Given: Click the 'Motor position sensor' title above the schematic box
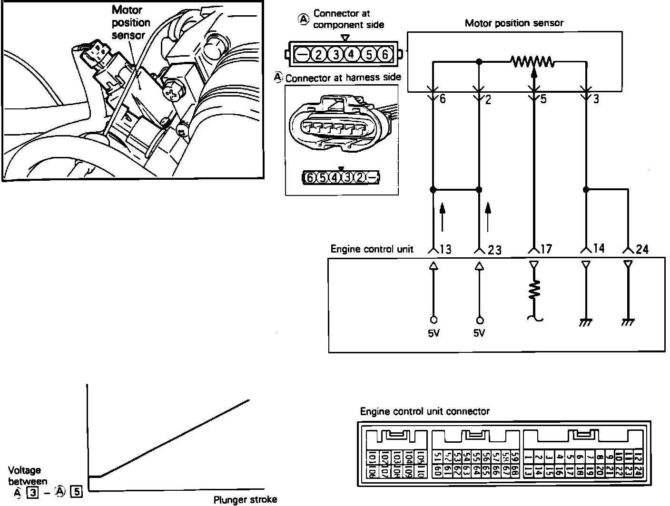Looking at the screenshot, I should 514,23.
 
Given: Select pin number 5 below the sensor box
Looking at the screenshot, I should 543,99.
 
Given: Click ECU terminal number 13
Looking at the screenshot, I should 446,249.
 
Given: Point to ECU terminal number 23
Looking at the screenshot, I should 494,250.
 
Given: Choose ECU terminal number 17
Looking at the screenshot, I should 546,249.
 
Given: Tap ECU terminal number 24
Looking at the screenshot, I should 642,249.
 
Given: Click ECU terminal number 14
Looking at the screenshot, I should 599,248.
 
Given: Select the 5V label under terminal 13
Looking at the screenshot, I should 434,333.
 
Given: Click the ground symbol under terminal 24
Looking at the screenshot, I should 628,322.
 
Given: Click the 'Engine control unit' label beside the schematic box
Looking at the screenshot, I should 372,249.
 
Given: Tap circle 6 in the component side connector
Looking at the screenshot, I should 384,55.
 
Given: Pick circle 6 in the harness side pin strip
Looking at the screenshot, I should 310,178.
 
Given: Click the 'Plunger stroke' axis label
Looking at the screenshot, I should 245,500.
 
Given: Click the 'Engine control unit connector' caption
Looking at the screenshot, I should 424,411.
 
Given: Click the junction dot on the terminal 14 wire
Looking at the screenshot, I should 586,190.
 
